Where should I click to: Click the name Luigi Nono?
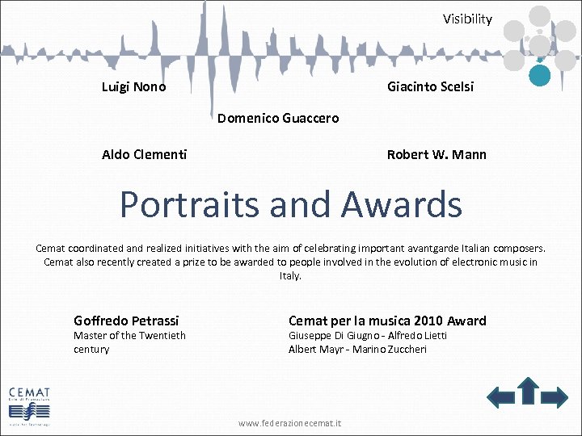point(134,86)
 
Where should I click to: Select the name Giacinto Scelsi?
point(430,86)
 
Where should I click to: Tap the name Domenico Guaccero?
point(278,119)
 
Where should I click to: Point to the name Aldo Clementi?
point(144,154)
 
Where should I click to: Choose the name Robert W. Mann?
point(436,154)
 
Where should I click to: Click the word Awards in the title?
point(401,204)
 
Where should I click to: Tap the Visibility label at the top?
point(466,19)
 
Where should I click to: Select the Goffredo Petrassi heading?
point(126,321)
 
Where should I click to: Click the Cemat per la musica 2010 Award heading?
point(387,321)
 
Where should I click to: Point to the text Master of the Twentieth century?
point(129,342)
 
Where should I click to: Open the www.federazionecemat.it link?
point(290,422)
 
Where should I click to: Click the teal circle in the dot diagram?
point(539,75)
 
